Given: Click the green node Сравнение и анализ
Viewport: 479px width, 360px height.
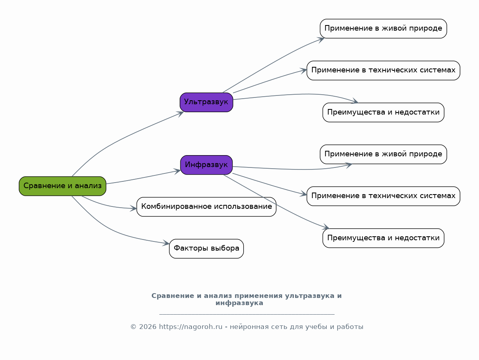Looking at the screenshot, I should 62,186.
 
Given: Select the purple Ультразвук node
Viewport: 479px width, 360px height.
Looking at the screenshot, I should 206,102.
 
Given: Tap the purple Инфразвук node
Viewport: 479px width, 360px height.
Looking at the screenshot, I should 206,165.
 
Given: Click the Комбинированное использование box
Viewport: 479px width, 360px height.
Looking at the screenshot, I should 206,207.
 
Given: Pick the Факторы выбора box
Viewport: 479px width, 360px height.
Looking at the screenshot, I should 206,249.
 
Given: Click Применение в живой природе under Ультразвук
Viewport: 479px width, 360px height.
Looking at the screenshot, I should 383,29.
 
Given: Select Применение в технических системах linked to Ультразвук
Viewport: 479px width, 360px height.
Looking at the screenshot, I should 383,70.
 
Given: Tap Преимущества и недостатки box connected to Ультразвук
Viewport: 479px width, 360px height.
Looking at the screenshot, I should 383,112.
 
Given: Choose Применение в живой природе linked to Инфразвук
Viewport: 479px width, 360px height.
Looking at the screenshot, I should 383,154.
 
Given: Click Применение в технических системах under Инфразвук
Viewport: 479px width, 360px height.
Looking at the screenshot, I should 383,196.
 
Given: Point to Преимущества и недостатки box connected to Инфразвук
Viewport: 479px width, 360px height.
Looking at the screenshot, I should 383,238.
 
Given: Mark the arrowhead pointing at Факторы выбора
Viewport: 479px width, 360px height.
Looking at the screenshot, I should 167,243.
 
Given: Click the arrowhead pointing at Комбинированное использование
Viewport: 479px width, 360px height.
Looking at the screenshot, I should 134,208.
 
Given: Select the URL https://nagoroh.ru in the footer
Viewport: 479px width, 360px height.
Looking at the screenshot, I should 190,327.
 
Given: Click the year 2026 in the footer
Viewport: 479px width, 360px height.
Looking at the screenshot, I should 148,327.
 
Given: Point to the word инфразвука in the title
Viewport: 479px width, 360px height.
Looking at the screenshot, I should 239,303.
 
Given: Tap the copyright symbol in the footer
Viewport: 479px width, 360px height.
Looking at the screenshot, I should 134,327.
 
